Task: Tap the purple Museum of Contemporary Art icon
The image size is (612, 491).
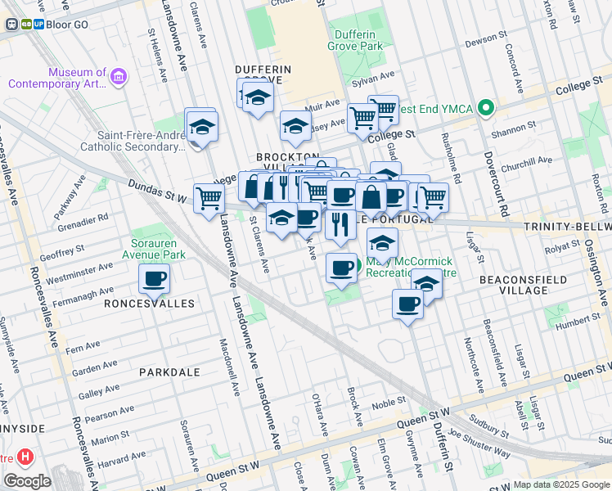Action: pos(119,78)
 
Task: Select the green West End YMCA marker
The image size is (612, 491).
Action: pos(485,108)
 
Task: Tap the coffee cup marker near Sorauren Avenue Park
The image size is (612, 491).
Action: pos(154,280)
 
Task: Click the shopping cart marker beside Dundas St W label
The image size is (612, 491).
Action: pos(209,197)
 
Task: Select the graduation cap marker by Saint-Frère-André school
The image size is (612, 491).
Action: pos(200,128)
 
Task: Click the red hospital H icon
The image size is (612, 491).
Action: pos(26,456)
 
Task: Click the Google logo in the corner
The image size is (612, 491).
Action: pos(27,481)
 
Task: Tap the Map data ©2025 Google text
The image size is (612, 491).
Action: pos(561,484)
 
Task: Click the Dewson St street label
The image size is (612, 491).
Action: pos(480,39)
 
